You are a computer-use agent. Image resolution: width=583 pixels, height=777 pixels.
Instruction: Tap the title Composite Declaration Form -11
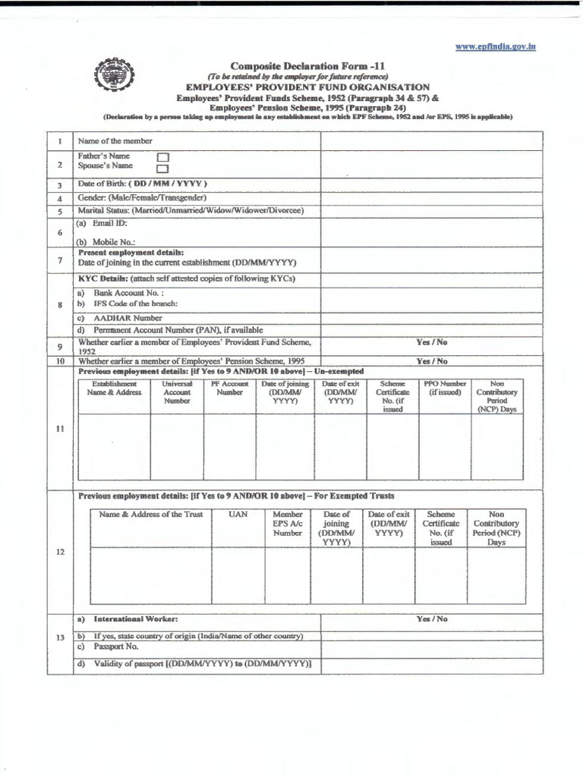pos(309,66)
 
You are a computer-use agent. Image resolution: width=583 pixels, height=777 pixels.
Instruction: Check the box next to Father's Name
pos(162,157)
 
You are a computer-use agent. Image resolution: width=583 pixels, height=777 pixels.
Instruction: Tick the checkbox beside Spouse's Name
pos(162,168)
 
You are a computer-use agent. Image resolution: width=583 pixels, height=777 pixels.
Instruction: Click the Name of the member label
pos(115,141)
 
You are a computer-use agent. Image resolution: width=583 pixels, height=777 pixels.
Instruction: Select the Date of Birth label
pos(142,184)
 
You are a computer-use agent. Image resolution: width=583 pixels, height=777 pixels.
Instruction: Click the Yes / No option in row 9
pos(431,343)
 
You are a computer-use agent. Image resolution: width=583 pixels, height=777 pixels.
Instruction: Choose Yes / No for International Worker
pos(431,619)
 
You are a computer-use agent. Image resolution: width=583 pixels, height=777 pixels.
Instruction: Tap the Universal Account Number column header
pos(177,392)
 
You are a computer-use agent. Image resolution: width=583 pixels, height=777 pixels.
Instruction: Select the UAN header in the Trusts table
pos(238,514)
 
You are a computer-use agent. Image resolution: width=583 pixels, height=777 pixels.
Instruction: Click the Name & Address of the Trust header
pos(150,514)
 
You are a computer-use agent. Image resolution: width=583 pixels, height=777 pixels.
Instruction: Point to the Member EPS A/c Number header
pos(287,524)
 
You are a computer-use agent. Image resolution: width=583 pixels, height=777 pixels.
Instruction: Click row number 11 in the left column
pos(59,429)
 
